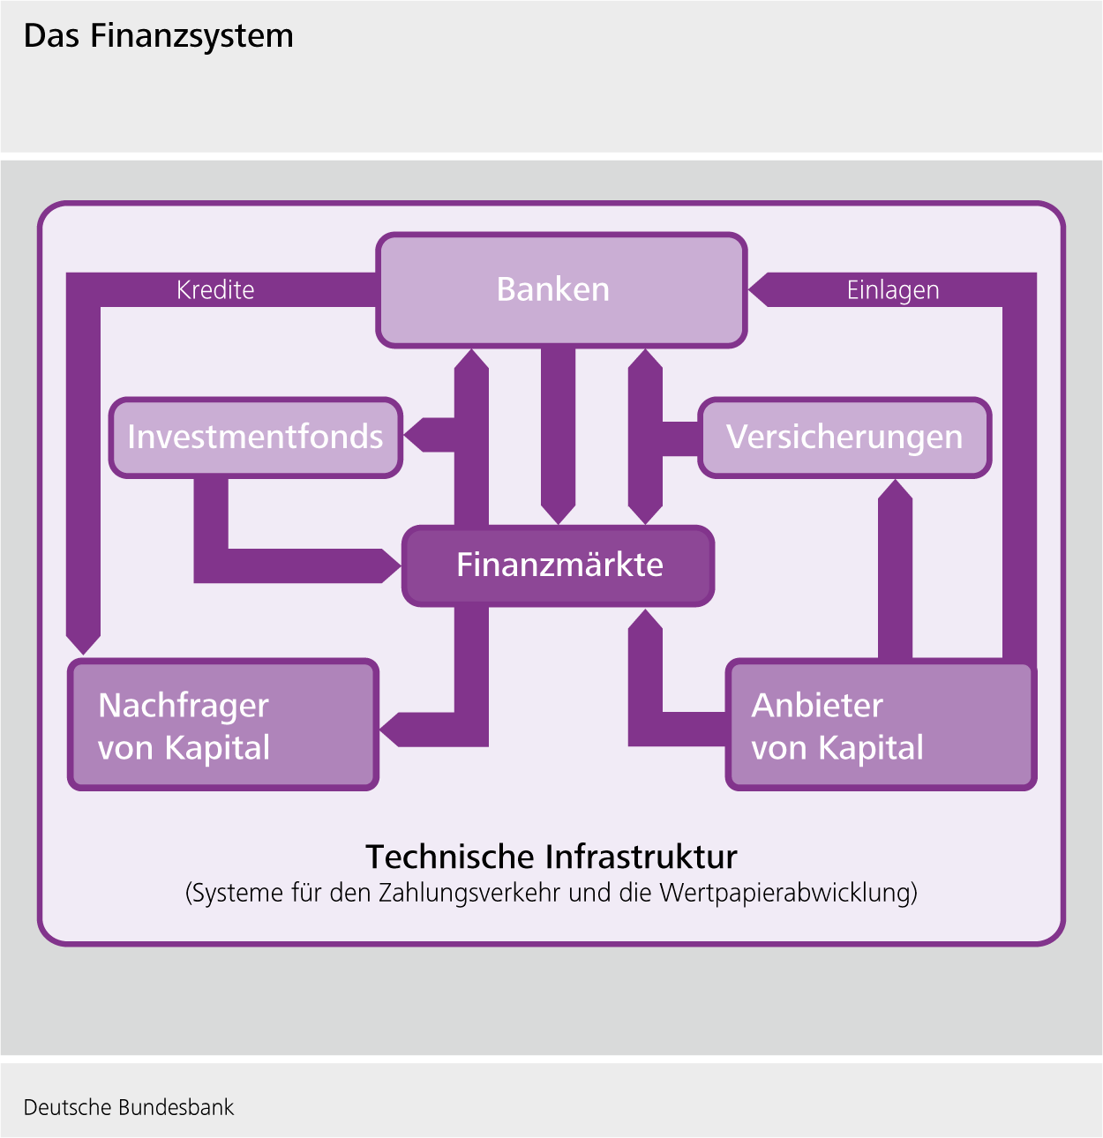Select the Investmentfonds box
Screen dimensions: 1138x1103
tap(256, 438)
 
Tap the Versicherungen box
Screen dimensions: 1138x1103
tap(844, 438)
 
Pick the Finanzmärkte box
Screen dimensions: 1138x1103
tap(558, 565)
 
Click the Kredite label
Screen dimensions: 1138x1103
tap(215, 290)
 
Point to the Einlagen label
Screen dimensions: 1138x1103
tap(892, 290)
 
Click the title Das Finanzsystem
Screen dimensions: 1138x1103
tap(159, 36)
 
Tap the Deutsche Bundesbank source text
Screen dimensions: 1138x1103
tap(129, 1108)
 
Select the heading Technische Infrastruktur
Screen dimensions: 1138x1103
tap(551, 857)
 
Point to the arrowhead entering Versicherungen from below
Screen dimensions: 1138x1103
tap(895, 490)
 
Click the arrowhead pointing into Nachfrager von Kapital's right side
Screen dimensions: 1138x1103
tap(392, 730)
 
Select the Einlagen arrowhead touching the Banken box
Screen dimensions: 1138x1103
tap(760, 289)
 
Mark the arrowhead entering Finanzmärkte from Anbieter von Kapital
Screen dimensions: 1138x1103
tap(645, 620)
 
